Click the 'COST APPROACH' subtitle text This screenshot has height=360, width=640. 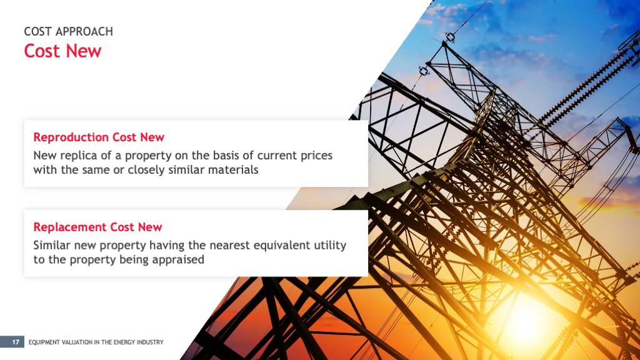pyautogui.click(x=69, y=31)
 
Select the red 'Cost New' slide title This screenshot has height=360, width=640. pyautogui.click(x=62, y=51)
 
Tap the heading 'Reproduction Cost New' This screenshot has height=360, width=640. pyautogui.click(x=99, y=137)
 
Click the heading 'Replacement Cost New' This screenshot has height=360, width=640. pyautogui.click(x=97, y=227)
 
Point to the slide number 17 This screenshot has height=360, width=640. pyautogui.click(x=16, y=342)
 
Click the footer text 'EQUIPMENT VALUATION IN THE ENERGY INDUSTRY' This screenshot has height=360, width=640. pyautogui.click(x=96, y=342)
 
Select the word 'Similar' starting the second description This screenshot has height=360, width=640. pyautogui.click(x=52, y=245)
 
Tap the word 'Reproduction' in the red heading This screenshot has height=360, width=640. pyautogui.click(x=71, y=137)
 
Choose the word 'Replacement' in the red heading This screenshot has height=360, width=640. pyautogui.click(x=70, y=227)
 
